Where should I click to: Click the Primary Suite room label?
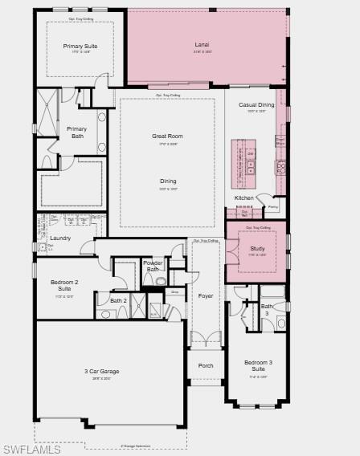(79, 47)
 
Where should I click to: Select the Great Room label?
(167, 136)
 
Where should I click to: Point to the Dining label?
(167, 181)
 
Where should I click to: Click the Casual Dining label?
(256, 104)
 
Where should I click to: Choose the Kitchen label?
(244, 197)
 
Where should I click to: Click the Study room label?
(257, 249)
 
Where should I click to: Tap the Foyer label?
(206, 295)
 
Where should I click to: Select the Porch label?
(206, 365)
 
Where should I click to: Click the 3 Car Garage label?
(102, 372)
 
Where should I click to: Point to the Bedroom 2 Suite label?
(64, 285)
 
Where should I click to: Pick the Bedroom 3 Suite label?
(258, 366)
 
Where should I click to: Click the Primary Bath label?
(76, 132)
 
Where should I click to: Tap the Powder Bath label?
(153, 266)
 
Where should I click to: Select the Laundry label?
(60, 238)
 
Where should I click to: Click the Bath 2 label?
(119, 300)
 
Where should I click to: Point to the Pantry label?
(273, 207)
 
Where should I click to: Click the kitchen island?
(239, 161)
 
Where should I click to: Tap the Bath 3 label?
(267, 309)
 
